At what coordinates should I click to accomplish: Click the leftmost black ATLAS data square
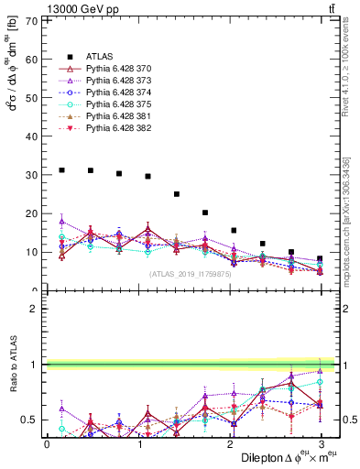coord(61,170)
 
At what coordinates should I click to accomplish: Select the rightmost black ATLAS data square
coord(320,259)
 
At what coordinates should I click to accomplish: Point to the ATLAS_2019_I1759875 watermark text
coord(191,273)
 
